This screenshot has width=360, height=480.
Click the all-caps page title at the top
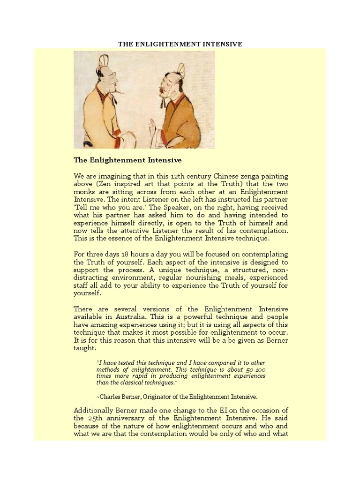pos(180,44)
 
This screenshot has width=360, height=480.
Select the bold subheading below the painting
pos(127,160)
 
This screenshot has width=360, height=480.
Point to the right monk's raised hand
pos(153,126)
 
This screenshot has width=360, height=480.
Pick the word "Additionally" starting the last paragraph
pos(96,410)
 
